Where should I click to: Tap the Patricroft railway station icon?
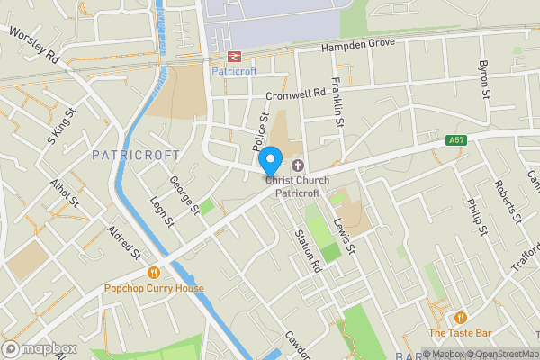click(222, 55)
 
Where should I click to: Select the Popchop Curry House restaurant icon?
click(154, 273)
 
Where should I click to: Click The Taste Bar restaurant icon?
click(460, 317)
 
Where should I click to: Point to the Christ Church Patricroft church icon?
click(297, 166)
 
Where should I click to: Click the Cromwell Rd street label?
click(295, 94)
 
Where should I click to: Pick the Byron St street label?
click(484, 80)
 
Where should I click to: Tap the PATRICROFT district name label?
click(130, 155)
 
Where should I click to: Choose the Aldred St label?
click(123, 241)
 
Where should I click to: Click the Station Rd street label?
click(308, 250)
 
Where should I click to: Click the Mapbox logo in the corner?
click(39, 348)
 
